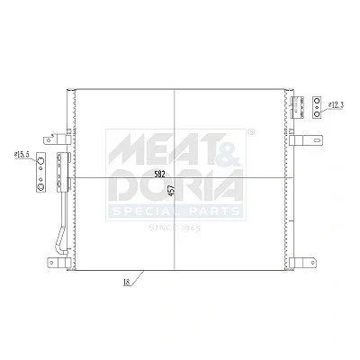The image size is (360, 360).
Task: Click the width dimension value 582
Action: pyautogui.click(x=159, y=174)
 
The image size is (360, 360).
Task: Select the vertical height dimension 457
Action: pyautogui.click(x=172, y=191)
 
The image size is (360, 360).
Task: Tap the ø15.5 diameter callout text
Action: pyautogui.click(x=22, y=155)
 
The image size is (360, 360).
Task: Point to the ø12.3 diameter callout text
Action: pyautogui.click(x=336, y=105)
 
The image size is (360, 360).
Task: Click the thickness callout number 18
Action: pyautogui.click(x=127, y=283)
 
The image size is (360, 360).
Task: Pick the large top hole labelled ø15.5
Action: pyautogui.click(x=40, y=162)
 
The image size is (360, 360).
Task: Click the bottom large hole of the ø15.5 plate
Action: pyautogui.click(x=40, y=187)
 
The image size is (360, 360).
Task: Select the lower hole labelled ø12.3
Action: pyautogui.click(x=317, y=113)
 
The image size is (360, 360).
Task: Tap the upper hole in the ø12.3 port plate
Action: pyautogui.click(x=317, y=101)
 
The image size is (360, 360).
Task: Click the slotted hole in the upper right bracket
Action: pyautogui.click(x=316, y=140)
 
